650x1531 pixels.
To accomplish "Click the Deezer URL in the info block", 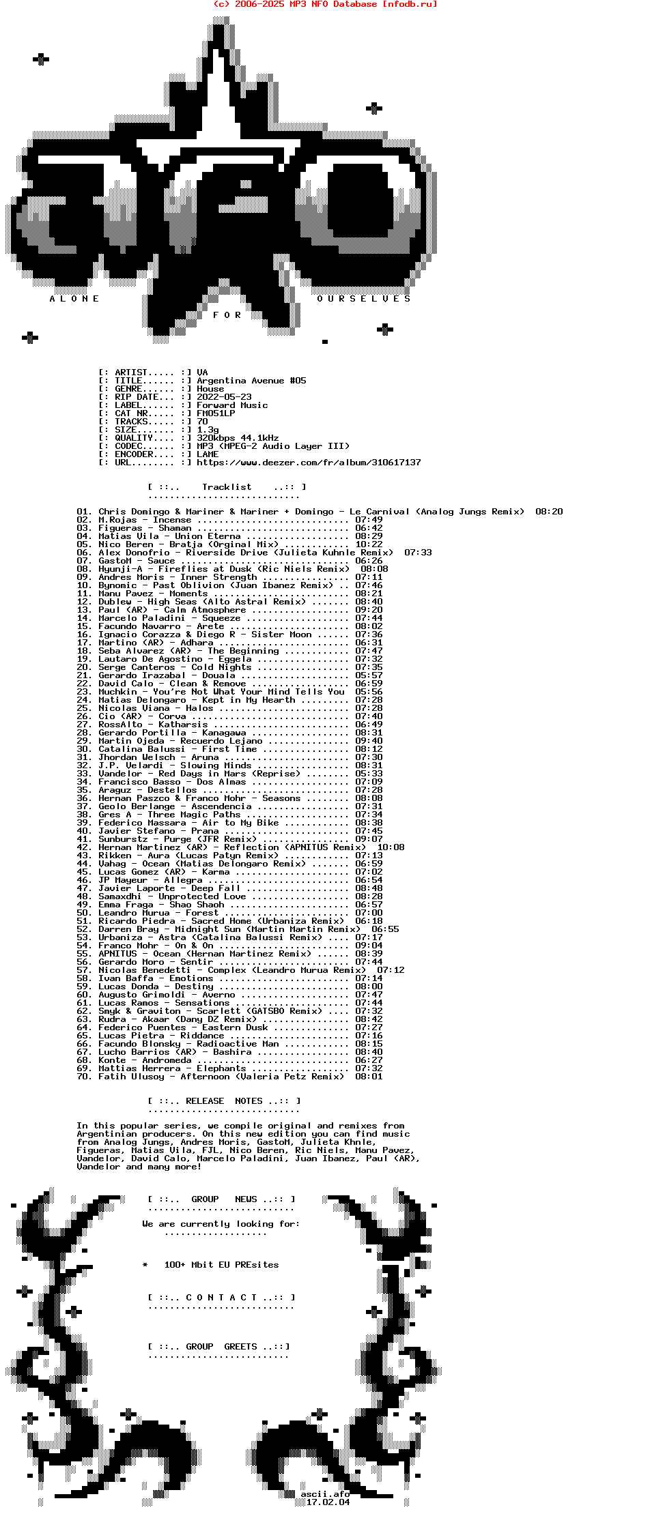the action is [x=309, y=463].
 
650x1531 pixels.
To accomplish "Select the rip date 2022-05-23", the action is [x=224, y=397].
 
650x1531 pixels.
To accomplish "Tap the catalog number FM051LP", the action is [x=216, y=413].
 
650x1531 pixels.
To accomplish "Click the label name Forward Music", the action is [x=232, y=405].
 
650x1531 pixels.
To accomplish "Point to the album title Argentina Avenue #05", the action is [x=251, y=381].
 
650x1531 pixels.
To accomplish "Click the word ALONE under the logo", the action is [x=74, y=299].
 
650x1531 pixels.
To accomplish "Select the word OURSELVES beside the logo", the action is [x=364, y=299].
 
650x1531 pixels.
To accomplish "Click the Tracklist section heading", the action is [x=227, y=487].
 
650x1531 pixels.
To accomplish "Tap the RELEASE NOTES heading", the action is [x=224, y=1101].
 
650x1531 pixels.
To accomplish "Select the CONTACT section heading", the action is [x=221, y=1298].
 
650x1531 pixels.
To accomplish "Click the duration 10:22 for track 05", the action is [x=369, y=544].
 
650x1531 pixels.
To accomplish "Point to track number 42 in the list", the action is [x=83, y=847].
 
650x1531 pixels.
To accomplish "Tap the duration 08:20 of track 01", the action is [x=549, y=512].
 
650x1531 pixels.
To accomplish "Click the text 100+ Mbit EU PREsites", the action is [x=221, y=1265].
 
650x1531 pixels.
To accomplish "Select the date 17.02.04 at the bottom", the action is [x=328, y=1502].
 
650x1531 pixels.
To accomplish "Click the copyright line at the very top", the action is [x=325, y=4].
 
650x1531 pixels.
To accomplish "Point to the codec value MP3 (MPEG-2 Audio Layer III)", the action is [x=273, y=446].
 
